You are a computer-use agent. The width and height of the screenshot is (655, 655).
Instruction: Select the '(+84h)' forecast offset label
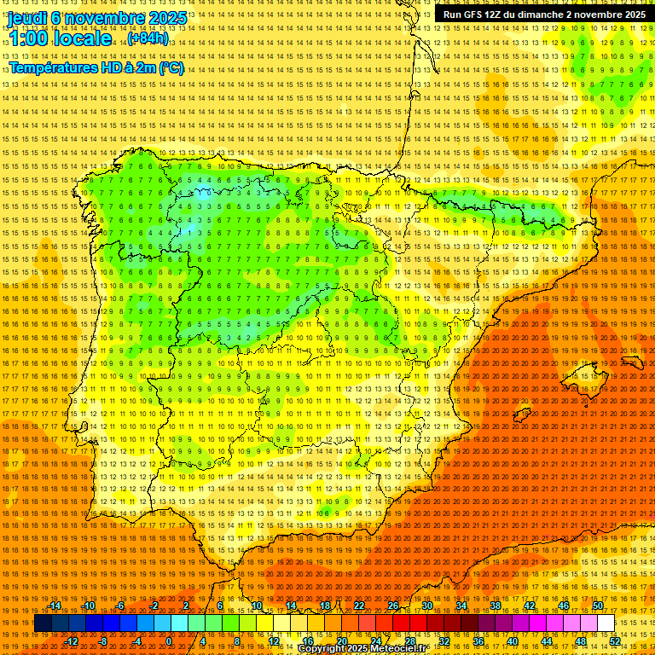click(x=148, y=38)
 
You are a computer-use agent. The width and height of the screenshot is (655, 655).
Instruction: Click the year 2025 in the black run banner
click(x=632, y=14)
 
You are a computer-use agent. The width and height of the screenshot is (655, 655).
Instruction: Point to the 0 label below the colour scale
click(x=170, y=641)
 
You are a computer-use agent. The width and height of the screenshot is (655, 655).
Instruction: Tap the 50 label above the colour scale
click(x=598, y=606)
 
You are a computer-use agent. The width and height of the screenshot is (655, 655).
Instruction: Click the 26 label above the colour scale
click(x=393, y=606)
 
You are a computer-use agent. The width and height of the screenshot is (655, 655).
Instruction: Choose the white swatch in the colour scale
click(x=606, y=623)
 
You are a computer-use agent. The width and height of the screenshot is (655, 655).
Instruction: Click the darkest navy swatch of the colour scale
click(x=43, y=623)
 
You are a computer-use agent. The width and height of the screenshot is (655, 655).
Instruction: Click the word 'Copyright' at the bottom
click(x=326, y=649)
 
